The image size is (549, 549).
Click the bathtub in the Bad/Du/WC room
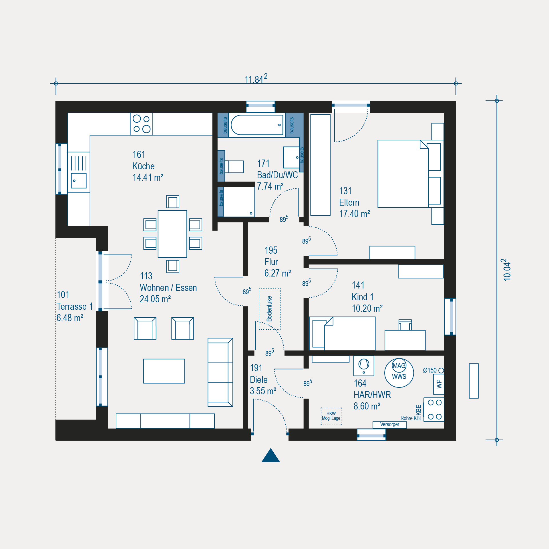(x=257, y=125)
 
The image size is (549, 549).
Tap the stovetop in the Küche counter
(x=142, y=124)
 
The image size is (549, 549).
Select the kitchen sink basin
(x=79, y=180)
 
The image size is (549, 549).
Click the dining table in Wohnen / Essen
(x=172, y=234)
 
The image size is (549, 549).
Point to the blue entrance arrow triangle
(x=270, y=455)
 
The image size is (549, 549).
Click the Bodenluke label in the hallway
(x=269, y=309)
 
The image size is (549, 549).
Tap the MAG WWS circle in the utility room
(x=399, y=373)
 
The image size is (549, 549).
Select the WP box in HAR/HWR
(x=439, y=384)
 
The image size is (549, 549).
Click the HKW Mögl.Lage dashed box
(x=331, y=416)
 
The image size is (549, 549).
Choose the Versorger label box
(x=390, y=425)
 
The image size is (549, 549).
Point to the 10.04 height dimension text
(x=507, y=270)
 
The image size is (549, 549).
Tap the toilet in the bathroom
(x=234, y=167)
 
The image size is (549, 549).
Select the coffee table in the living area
(x=164, y=371)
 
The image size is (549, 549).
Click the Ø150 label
(x=430, y=370)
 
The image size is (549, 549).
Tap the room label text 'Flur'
(x=271, y=262)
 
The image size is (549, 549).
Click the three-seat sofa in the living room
(x=220, y=372)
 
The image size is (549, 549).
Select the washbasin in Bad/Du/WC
(x=291, y=158)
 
